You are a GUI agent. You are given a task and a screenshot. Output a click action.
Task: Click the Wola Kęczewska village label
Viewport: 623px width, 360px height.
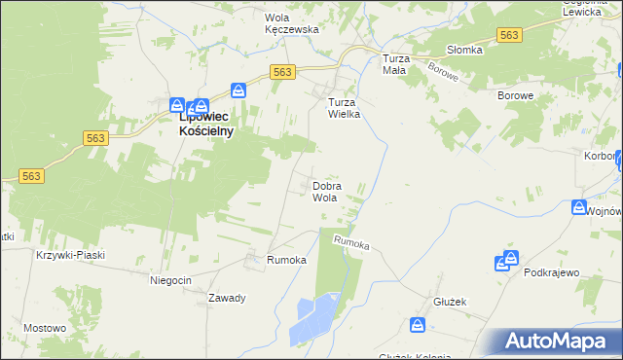(292, 23)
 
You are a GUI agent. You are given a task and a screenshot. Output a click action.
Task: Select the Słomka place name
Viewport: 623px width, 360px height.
(464, 51)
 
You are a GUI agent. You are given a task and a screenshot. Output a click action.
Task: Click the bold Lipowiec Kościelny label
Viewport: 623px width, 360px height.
(206, 125)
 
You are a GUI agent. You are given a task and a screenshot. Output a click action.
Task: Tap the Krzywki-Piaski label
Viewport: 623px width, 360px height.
(69, 255)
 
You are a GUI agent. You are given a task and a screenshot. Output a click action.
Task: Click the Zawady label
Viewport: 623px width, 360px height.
(226, 298)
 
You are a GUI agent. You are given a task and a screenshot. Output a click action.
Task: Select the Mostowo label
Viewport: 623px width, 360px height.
(44, 328)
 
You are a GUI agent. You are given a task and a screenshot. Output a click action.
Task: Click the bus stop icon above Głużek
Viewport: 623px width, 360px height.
(418, 325)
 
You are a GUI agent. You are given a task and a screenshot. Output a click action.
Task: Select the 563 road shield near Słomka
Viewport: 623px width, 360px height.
(507, 35)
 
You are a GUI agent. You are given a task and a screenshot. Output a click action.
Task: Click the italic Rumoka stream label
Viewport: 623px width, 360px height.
(351, 243)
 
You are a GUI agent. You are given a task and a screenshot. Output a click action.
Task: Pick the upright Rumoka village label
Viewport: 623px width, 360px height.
(287, 261)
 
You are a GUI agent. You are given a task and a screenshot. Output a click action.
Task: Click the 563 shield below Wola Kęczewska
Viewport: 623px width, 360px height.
(282, 72)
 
